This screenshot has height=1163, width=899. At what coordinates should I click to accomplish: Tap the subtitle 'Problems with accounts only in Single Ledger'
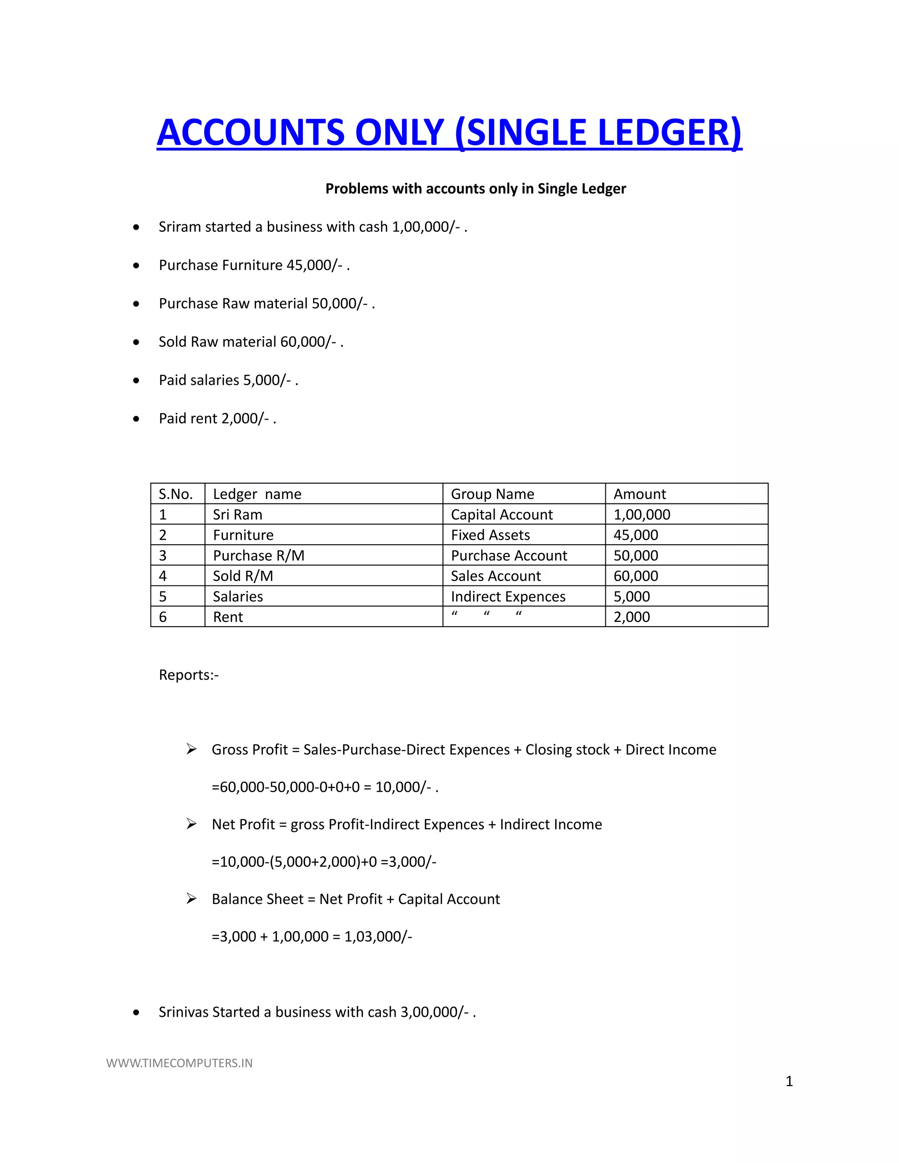[475, 189]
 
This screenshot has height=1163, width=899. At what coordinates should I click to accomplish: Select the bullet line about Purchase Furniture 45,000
[254, 265]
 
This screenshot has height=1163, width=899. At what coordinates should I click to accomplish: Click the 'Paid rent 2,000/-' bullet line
[217, 419]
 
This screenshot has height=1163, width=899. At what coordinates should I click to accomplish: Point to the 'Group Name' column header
[492, 494]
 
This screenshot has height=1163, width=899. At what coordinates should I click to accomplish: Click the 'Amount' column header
[639, 494]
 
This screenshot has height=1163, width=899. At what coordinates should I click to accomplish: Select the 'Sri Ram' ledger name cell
[237, 515]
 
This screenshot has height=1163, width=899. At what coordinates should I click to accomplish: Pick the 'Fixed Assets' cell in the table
[490, 535]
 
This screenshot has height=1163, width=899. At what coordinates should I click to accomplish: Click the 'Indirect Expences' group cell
[507, 596]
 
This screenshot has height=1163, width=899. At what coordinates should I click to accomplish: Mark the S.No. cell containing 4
[163, 576]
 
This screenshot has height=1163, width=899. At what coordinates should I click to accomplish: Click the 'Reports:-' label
[188, 675]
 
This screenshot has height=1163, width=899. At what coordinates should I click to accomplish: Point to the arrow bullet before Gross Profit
[192, 749]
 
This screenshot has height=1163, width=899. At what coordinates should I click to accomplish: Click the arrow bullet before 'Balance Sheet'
[192, 899]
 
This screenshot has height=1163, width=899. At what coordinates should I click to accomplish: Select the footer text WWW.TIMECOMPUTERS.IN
[180, 1063]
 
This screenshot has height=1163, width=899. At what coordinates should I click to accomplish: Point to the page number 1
[789, 1081]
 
